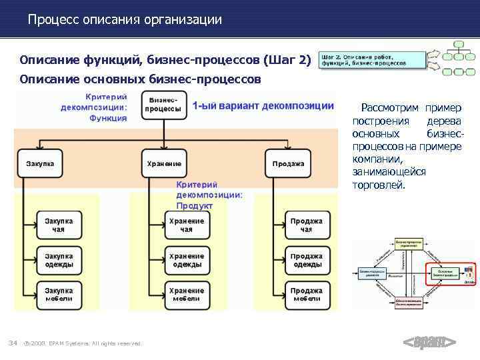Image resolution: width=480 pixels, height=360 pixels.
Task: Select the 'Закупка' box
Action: point(41,163)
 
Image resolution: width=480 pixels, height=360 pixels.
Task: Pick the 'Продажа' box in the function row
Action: point(289,163)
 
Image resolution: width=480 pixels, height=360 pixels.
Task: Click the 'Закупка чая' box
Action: point(59,225)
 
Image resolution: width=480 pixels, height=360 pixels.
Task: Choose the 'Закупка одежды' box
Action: point(59,260)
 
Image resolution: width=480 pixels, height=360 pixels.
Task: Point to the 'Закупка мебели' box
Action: point(59,295)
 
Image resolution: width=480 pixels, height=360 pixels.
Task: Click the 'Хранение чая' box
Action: point(186,225)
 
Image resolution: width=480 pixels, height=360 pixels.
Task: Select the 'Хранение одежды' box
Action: point(186,260)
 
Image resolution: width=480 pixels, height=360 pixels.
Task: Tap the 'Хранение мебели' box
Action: point(186,295)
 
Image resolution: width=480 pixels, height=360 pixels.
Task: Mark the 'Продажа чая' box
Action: point(307,225)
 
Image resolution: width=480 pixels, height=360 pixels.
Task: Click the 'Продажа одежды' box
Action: point(307,260)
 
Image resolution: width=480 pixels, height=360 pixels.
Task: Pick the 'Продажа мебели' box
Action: point(307,295)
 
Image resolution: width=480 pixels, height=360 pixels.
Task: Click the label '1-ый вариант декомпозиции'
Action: point(263,106)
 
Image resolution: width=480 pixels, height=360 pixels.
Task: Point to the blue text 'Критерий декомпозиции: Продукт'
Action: point(209,195)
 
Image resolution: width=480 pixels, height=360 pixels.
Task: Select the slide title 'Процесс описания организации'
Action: point(125,20)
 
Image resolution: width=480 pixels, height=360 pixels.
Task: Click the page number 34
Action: point(12,343)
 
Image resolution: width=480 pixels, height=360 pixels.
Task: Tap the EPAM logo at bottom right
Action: point(429,343)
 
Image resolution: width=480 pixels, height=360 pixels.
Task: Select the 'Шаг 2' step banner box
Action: point(372,60)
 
